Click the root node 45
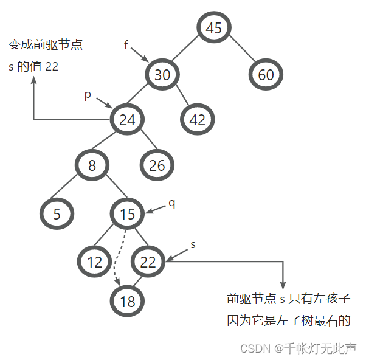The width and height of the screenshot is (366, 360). pos(213,28)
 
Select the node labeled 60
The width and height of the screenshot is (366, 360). pos(266,75)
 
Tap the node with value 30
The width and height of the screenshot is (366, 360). pos(162,75)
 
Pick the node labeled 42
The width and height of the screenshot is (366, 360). pos(197,120)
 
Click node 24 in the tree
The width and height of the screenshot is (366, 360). pos(127,120)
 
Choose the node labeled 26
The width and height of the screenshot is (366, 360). pos(157,165)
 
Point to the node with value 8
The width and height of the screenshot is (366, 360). pos(92,165)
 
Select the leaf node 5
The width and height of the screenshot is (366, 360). pos(57,214)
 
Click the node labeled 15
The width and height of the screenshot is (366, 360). pos(127,214)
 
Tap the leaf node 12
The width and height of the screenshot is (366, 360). pos(94,263)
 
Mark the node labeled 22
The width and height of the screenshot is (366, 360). pos(148,263)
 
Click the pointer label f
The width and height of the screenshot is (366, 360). pos(126,46)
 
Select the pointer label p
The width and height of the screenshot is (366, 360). pos(88,95)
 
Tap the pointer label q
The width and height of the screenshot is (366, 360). pos(172,203)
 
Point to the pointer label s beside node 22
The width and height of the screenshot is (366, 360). pos(193,244)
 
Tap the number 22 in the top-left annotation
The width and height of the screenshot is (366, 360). pos(52,66)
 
